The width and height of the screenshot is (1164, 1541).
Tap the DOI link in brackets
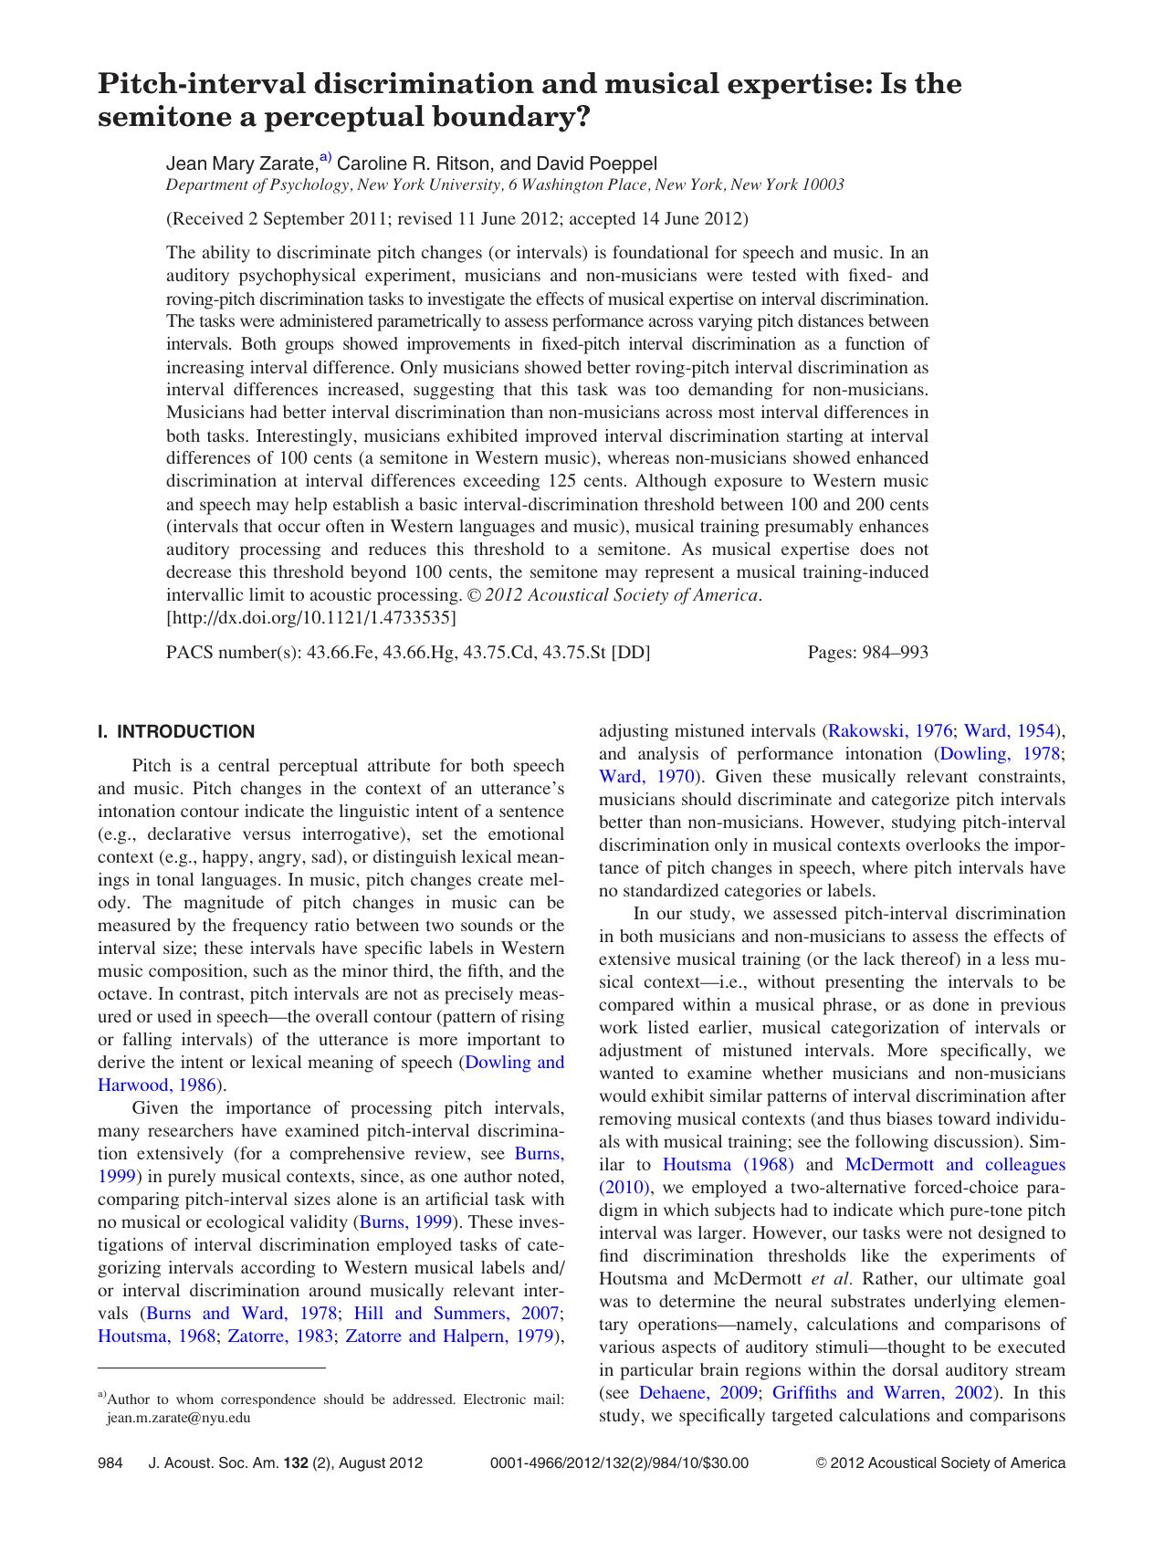[311, 618]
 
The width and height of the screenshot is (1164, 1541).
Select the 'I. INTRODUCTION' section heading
[176, 731]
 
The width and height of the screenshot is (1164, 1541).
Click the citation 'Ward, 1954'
[1009, 731]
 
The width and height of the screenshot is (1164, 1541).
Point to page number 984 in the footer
[110, 1462]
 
